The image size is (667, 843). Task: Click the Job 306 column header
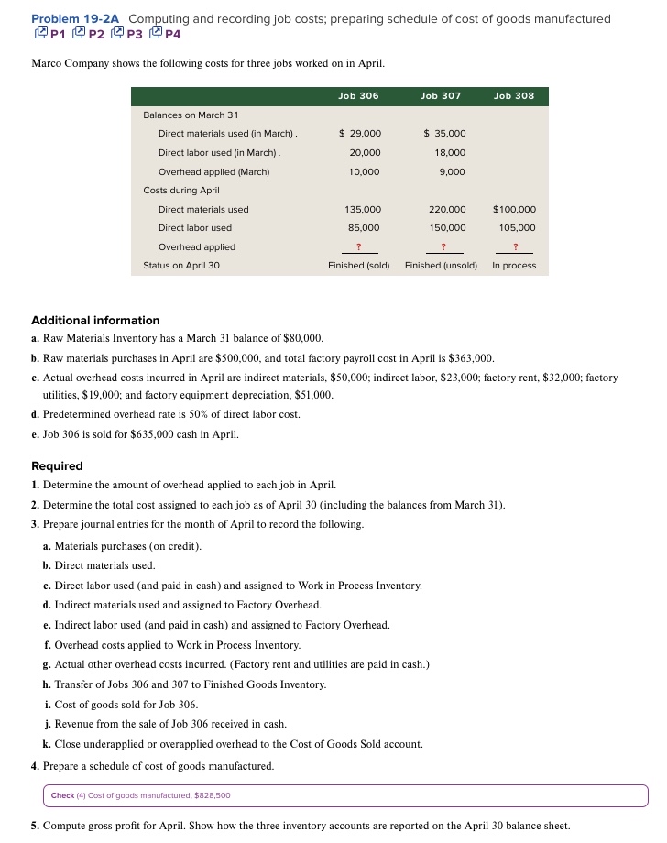(358, 95)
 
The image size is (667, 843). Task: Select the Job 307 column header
(441, 95)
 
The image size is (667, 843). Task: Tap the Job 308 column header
(514, 95)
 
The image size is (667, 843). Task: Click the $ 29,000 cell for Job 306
(360, 134)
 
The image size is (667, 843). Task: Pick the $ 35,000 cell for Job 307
(444, 134)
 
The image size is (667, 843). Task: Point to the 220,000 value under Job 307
(447, 209)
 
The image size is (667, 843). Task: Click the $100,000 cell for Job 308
(514, 209)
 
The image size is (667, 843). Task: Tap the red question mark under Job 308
(515, 246)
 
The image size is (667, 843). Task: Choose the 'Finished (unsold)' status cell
(443, 266)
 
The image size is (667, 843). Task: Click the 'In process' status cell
(514, 266)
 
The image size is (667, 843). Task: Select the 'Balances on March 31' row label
(191, 115)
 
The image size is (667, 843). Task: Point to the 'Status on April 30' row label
(181, 266)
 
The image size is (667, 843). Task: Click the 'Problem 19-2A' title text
(76, 18)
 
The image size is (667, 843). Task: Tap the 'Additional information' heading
(95, 320)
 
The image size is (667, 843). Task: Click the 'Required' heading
(57, 465)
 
